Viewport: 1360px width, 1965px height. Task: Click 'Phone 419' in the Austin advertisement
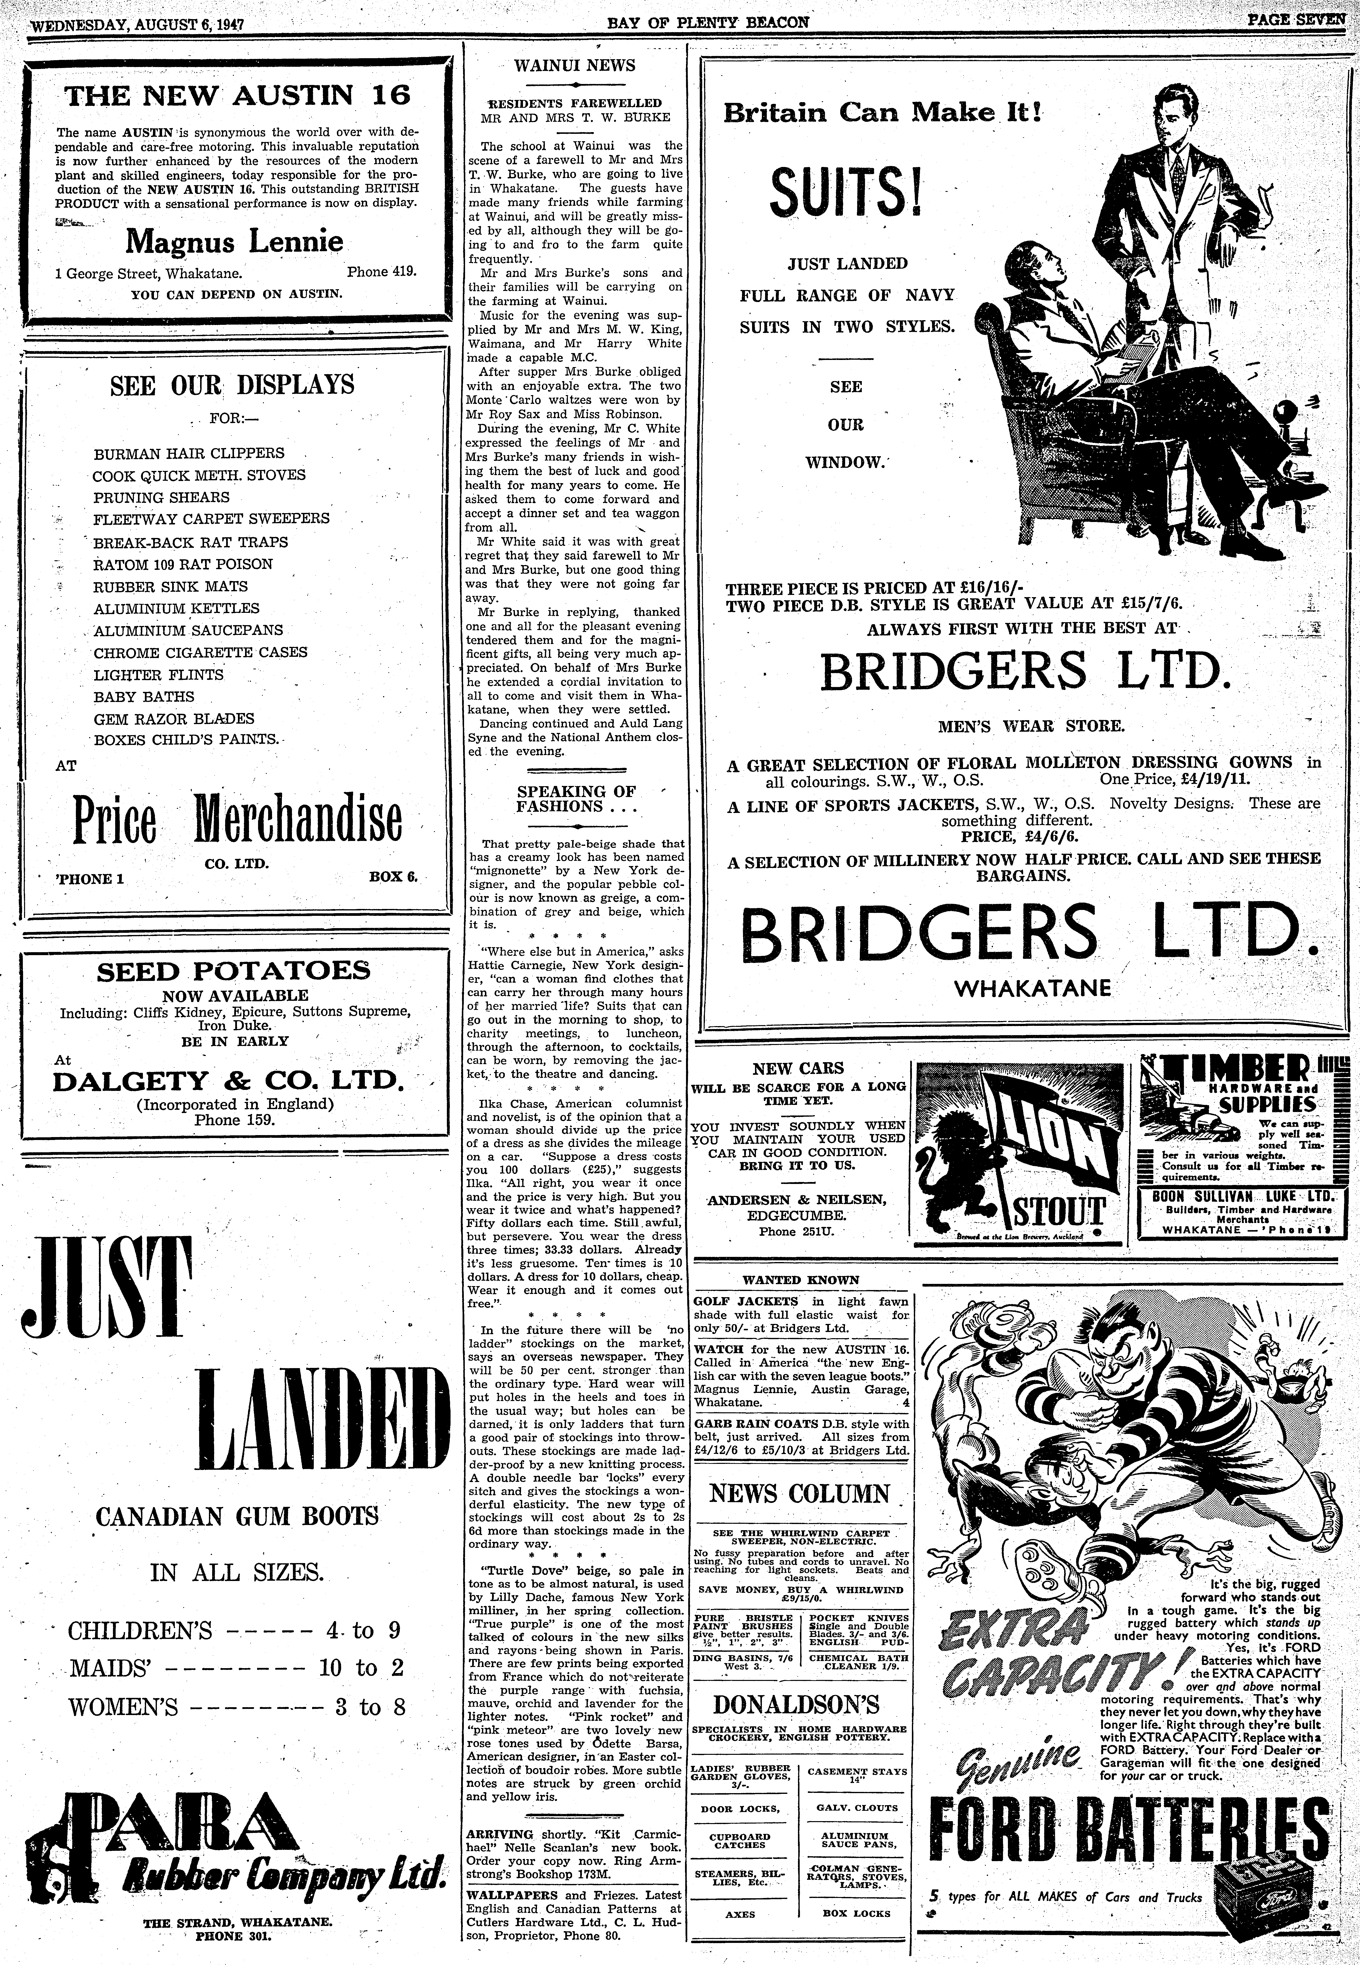(x=381, y=273)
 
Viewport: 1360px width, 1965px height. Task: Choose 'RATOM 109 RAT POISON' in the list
(x=183, y=564)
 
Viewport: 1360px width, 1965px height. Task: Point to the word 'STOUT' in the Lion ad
(x=1058, y=1212)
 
